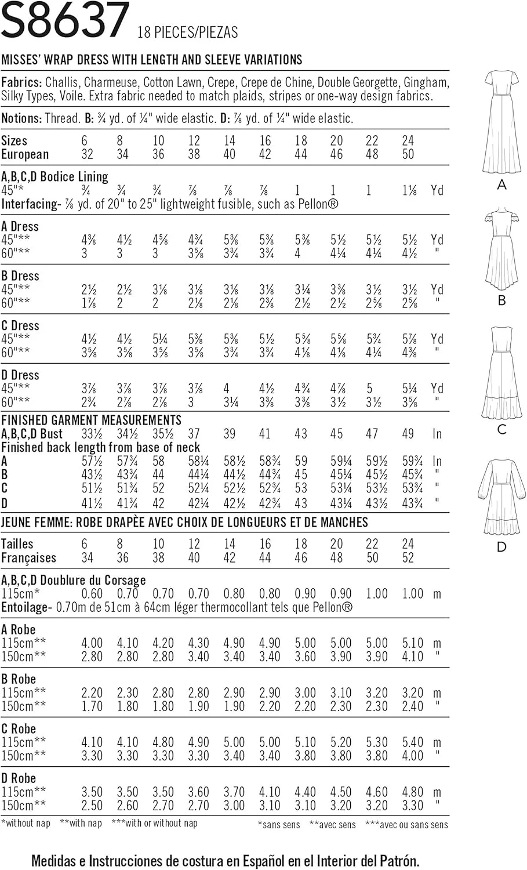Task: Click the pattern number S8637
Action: coord(65,21)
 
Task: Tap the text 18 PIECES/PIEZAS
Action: coord(187,32)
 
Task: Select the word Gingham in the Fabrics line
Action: coord(426,82)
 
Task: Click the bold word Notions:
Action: coord(21,119)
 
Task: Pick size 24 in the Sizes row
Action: coord(408,141)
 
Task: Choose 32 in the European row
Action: coord(87,155)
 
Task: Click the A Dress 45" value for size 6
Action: coord(89,240)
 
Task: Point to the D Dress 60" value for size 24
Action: coord(409,401)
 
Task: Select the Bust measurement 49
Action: coord(408,434)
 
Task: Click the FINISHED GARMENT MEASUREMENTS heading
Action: coord(91,420)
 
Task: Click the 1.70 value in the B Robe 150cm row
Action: coord(92,706)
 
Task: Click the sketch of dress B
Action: coord(501,249)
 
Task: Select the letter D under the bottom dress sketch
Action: coord(501,547)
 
